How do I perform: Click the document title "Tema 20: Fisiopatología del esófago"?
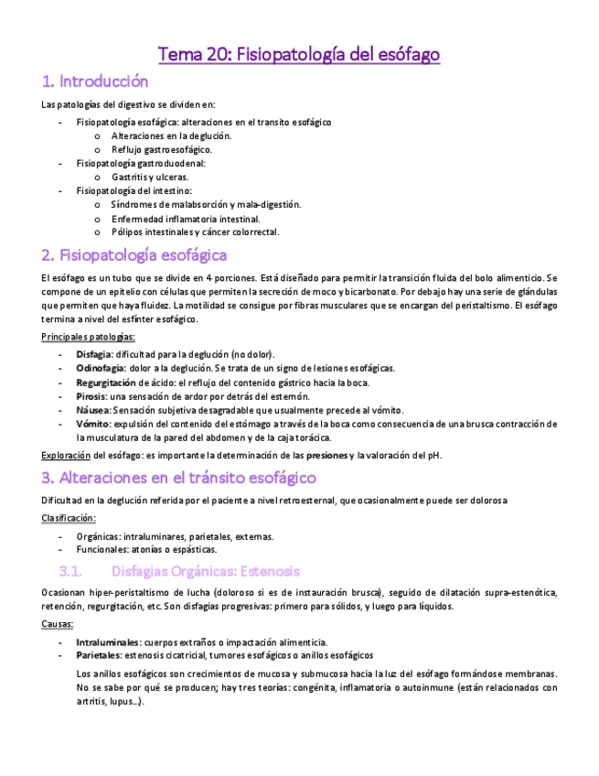pos(299,55)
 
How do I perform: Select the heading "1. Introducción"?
pos(95,81)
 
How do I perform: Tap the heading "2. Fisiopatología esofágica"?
pos(134,254)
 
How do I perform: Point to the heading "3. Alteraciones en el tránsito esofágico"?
pos(179,477)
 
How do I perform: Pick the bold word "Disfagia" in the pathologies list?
pos(94,354)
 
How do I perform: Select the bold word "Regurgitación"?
pos(106,382)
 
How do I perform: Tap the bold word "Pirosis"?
pos(91,396)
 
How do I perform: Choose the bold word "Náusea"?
pos(93,410)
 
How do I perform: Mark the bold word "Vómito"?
pos(93,424)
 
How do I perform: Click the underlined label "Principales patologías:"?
pos(88,338)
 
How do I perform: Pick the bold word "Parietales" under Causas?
pos(99,655)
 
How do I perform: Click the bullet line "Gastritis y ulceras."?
pos(151,177)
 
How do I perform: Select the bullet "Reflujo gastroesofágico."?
pos(162,149)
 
